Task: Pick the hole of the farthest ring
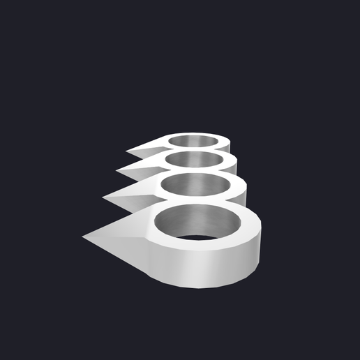pos(195,142)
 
